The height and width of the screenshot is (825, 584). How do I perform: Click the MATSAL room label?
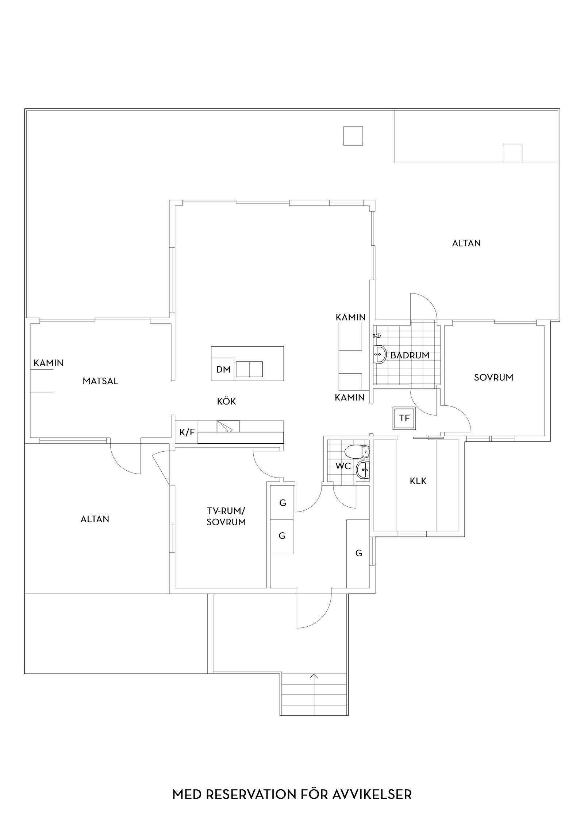pyautogui.click(x=100, y=381)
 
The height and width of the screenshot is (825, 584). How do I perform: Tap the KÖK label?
pyautogui.click(x=226, y=401)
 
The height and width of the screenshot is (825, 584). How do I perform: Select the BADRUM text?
pyautogui.click(x=410, y=355)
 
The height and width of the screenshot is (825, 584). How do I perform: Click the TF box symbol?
pyautogui.click(x=404, y=418)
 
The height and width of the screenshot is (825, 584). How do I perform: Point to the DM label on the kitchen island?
pyautogui.click(x=223, y=369)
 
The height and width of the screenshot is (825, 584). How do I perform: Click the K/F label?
pyautogui.click(x=187, y=432)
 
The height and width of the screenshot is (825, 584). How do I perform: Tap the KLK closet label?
pyautogui.click(x=418, y=481)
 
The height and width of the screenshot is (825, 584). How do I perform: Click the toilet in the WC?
pyautogui.click(x=358, y=452)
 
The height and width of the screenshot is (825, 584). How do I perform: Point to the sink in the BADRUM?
pyautogui.click(x=380, y=354)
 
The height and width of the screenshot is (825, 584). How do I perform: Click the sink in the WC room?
pyautogui.click(x=363, y=470)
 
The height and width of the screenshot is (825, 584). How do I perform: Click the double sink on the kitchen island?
pyautogui.click(x=249, y=369)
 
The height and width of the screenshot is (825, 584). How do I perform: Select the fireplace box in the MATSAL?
pyautogui.click(x=42, y=381)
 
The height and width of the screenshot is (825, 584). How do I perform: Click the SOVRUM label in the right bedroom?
pyautogui.click(x=493, y=377)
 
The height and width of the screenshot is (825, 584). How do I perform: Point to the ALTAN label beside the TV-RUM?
pyautogui.click(x=95, y=519)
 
